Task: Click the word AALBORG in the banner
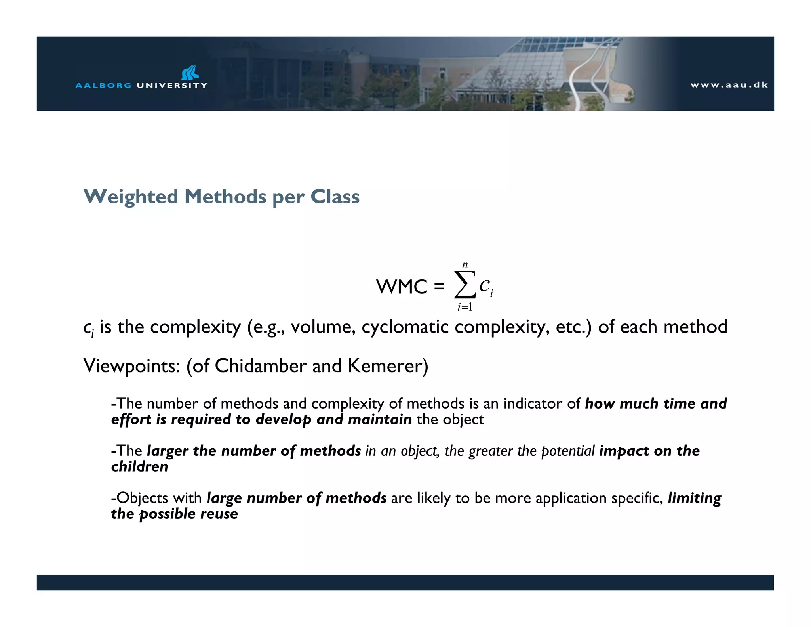click(103, 86)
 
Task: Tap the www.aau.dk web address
click(729, 85)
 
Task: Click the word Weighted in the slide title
click(131, 197)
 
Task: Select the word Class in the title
click(335, 197)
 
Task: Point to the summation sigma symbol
click(465, 285)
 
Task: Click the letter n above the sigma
click(465, 265)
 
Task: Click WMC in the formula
click(402, 287)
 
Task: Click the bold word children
click(139, 466)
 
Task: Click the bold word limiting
click(694, 498)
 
